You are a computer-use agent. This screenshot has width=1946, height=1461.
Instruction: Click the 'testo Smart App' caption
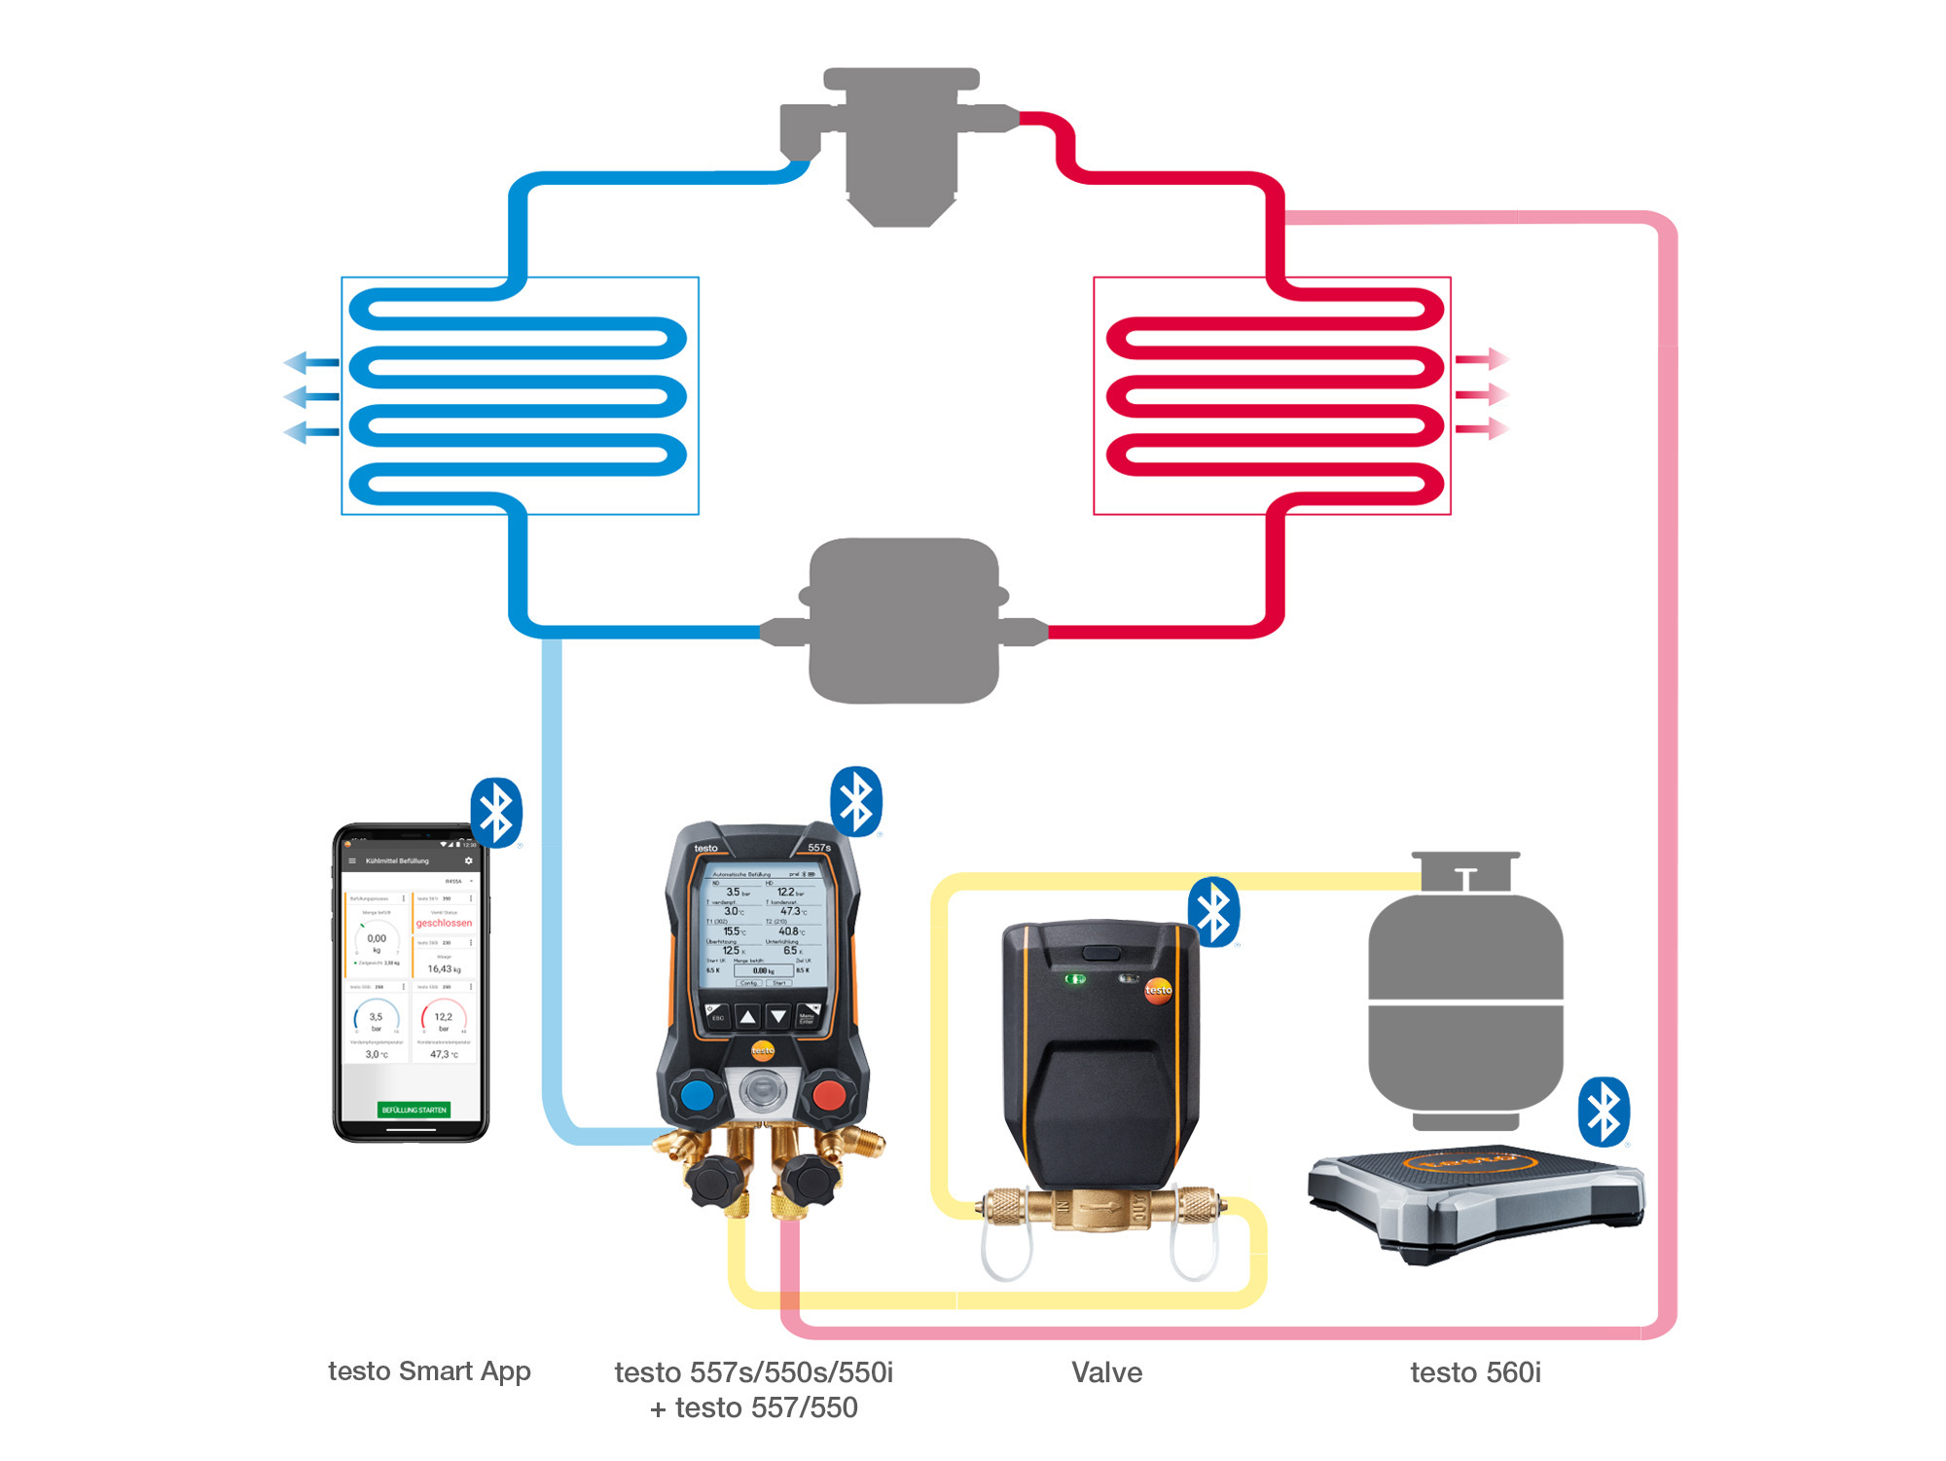(x=429, y=1370)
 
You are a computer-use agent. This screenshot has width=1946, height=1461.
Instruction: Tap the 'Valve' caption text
(x=1106, y=1372)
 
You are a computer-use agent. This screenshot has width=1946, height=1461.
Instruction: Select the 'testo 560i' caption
(x=1475, y=1372)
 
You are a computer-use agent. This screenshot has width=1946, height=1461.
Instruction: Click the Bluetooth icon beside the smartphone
(x=496, y=812)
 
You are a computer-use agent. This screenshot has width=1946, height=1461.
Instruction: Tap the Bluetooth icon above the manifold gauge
(x=856, y=801)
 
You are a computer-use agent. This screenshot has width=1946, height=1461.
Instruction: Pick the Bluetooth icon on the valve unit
(x=1213, y=912)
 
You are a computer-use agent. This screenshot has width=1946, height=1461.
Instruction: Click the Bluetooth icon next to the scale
(x=1604, y=1111)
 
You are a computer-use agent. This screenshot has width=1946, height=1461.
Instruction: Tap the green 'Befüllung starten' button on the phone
(x=414, y=1110)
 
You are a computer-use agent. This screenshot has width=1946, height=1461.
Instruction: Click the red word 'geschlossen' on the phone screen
(x=444, y=923)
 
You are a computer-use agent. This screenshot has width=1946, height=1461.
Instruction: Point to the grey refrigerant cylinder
(x=1465, y=1003)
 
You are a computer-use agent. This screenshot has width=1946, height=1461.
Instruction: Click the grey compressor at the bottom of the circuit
(x=904, y=620)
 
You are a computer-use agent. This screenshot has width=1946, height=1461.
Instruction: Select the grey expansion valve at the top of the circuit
(x=901, y=141)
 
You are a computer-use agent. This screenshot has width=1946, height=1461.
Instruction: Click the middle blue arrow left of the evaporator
(x=310, y=397)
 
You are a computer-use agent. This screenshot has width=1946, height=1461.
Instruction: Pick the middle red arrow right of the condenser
(x=1482, y=394)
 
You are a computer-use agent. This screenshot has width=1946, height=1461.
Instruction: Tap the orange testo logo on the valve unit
(x=1158, y=990)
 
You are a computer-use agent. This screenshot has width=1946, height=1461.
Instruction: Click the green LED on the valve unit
(x=1075, y=978)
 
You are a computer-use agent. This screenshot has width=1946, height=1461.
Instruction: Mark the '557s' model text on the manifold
(x=819, y=848)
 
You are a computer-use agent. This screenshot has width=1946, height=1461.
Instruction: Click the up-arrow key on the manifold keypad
(x=747, y=1017)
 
